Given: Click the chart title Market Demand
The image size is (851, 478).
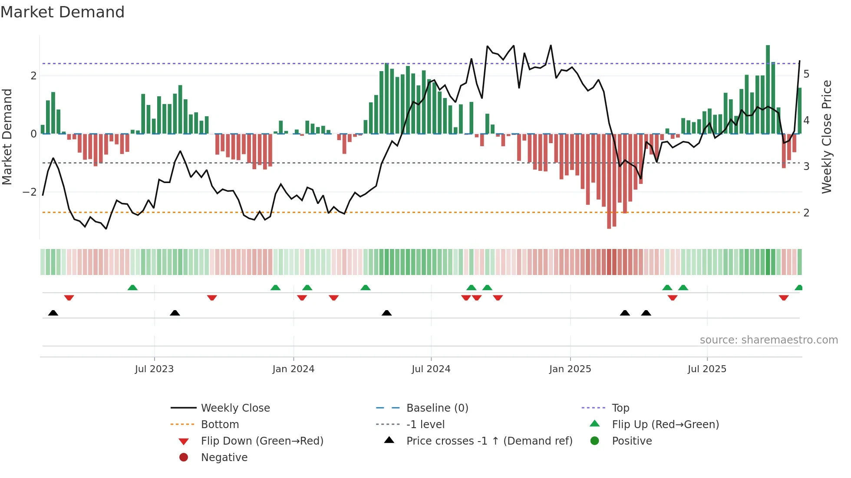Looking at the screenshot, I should [x=63, y=12].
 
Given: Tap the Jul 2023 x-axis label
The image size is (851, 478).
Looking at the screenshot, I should [x=154, y=369].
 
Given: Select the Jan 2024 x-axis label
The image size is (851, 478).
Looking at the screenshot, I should [x=293, y=369].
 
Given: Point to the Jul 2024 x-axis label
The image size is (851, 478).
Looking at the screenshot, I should [x=431, y=369].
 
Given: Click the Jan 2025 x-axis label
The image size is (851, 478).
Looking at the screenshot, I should [x=570, y=369].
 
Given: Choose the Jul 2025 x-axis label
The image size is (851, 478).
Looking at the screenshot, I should [x=707, y=369].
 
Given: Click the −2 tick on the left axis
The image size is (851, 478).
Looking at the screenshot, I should [x=30, y=192].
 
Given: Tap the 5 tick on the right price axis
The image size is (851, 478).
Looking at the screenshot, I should [x=806, y=74].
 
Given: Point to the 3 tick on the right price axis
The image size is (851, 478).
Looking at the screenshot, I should [x=806, y=167].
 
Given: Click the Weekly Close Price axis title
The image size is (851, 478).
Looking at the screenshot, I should [x=827, y=137].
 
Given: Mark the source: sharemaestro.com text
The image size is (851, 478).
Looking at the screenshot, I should [x=769, y=340].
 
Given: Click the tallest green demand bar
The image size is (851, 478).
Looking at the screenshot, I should [x=768, y=89].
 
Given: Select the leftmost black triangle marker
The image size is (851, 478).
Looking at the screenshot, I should [x=53, y=313].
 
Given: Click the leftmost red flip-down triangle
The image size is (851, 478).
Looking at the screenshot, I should [x=69, y=298].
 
